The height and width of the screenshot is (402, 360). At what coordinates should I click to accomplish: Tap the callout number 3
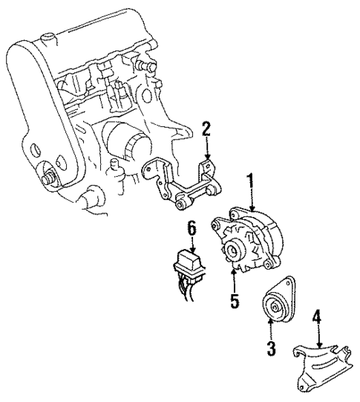271,347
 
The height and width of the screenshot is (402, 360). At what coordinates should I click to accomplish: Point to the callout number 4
317,320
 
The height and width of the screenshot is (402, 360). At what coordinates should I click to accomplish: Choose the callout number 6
192,229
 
